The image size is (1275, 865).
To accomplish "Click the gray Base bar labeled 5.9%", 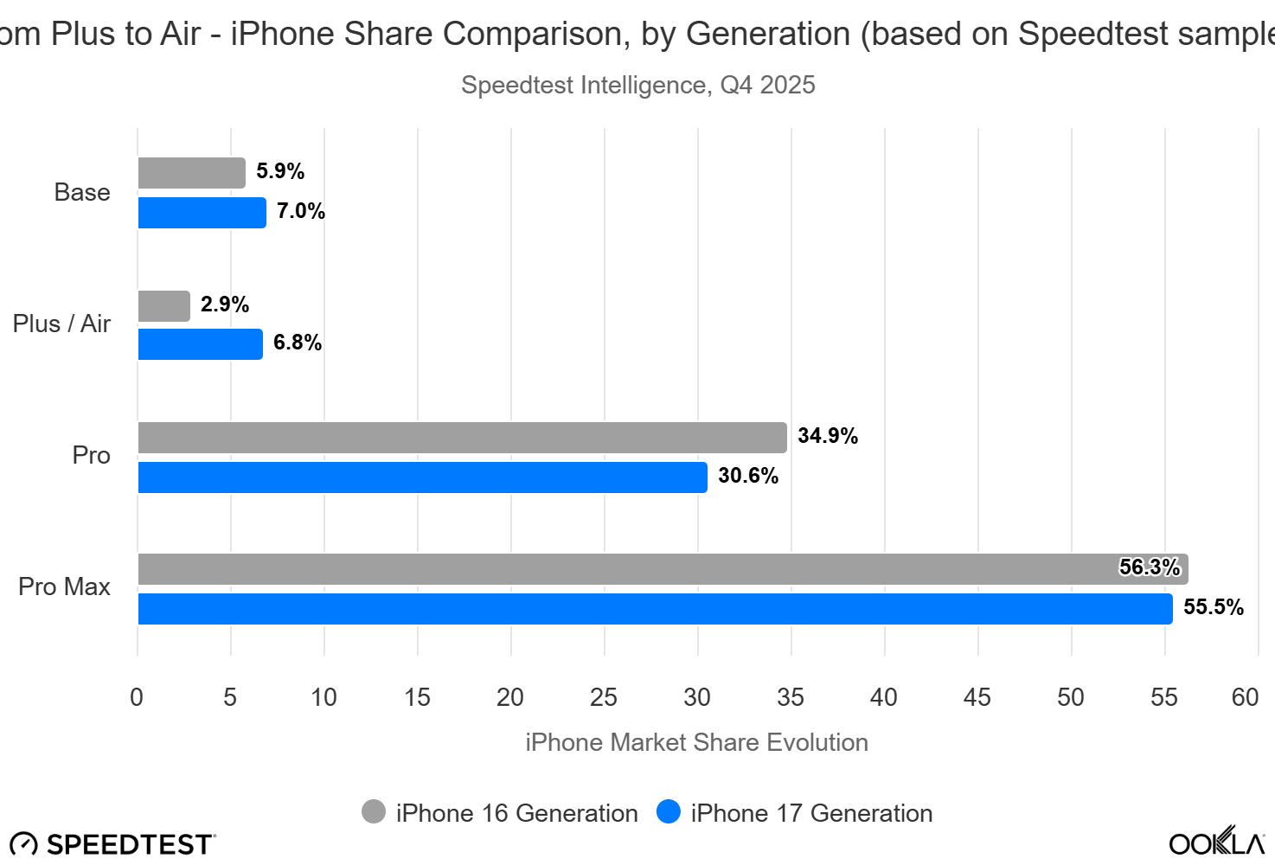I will (x=191, y=173).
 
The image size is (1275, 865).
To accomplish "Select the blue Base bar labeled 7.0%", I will (x=202, y=213).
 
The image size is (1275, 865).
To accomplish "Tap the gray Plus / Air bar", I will (x=163, y=306).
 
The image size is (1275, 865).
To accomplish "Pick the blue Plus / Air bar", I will (x=200, y=344).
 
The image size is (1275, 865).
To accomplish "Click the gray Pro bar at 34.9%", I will (x=462, y=438).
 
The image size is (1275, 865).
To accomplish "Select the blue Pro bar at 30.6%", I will (x=422, y=477).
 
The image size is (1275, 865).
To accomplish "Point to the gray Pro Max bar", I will (x=623, y=569).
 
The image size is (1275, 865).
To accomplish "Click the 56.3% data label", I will (x=1149, y=567).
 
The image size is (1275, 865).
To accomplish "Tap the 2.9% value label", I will (x=225, y=304).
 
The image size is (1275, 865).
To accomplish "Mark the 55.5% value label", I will (x=1214, y=607).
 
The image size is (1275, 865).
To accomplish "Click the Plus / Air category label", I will (x=61, y=324).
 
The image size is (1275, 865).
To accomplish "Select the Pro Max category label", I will (x=64, y=586).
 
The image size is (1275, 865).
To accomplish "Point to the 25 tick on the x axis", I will (x=604, y=697).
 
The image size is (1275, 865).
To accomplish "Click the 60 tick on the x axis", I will (x=1245, y=697).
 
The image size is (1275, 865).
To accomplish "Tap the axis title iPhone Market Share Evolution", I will (x=696, y=742).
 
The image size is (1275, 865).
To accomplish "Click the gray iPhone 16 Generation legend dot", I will (x=374, y=812).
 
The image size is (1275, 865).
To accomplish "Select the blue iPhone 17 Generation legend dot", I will (x=669, y=812).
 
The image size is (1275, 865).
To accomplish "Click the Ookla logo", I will (x=1216, y=842).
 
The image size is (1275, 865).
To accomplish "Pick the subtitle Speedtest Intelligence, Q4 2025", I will (x=637, y=85).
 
